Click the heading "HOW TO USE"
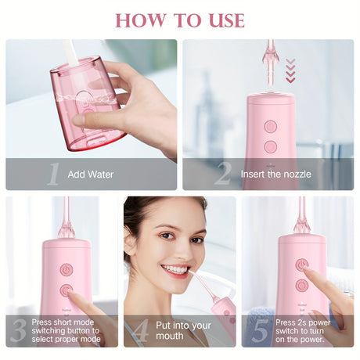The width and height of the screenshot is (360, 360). [x=180, y=20]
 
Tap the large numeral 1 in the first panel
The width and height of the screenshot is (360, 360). [x=54, y=174]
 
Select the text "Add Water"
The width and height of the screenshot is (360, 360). [x=91, y=175]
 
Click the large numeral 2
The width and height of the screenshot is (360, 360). [x=223, y=173]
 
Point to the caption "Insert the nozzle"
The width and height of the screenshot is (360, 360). [x=275, y=174]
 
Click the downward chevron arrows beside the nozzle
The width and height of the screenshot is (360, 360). [x=290, y=70]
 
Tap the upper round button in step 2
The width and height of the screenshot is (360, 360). [x=270, y=127]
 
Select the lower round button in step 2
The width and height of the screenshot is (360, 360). [x=270, y=146]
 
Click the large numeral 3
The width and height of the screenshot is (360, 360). [x=19, y=330]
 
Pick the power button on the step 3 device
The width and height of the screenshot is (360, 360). [x=67, y=269]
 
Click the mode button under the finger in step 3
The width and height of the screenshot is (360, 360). [x=67, y=290]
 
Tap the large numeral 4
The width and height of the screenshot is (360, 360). [x=141, y=330]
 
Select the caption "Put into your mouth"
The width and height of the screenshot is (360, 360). [x=183, y=330]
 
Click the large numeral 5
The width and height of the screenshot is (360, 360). [x=260, y=330]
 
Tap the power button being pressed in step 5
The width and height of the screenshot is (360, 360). [x=302, y=265]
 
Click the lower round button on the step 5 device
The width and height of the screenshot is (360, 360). [x=302, y=285]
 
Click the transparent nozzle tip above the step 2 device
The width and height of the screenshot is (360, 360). [x=271, y=63]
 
